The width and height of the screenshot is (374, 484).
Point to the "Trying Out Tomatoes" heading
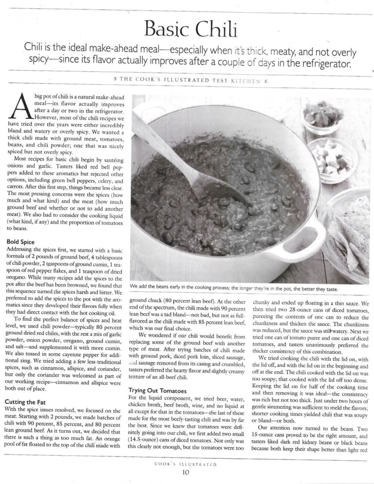tap(159, 390)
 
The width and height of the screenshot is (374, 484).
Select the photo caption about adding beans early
tap(233, 289)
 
